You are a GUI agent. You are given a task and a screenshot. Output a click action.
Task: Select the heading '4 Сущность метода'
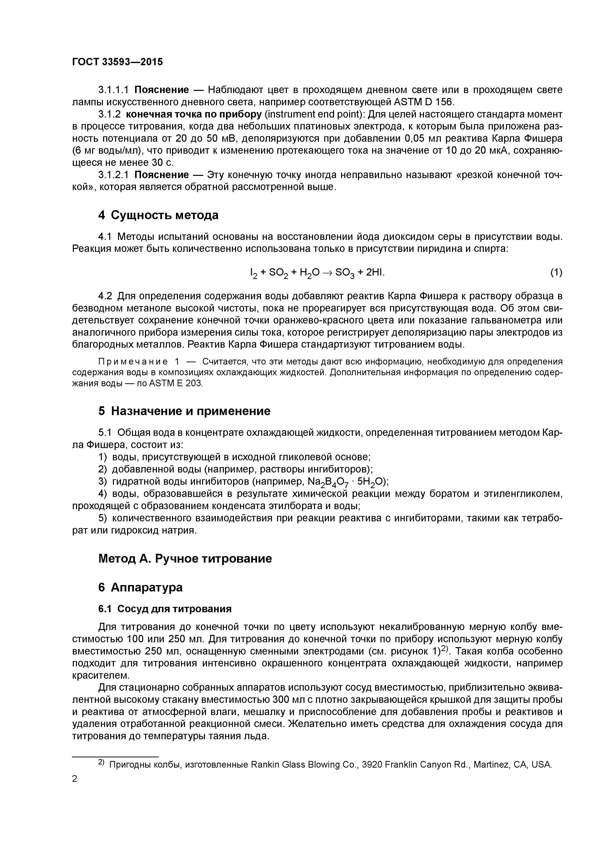click(x=158, y=215)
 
